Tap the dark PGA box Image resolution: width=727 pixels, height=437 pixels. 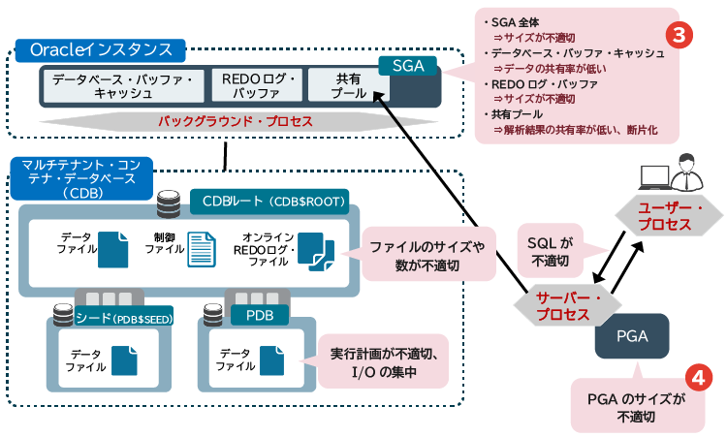624,338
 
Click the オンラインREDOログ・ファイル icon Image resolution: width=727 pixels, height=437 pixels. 316,251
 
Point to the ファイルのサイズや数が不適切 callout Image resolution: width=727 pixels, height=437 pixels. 428,254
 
